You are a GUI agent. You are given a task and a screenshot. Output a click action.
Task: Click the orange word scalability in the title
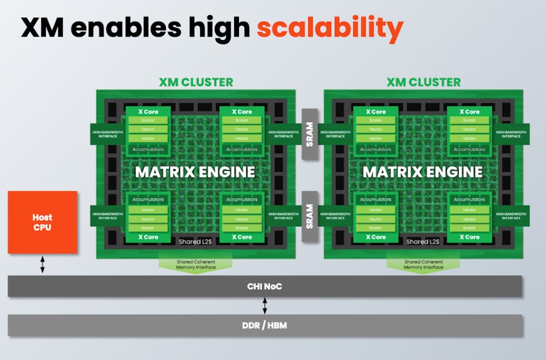[329, 28]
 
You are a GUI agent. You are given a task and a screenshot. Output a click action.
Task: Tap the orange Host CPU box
[42, 222]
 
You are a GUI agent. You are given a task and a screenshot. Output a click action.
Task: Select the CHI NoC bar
[265, 286]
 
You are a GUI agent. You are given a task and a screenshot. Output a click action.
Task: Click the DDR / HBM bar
[265, 325]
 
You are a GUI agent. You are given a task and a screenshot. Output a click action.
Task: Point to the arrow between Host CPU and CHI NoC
[42, 264]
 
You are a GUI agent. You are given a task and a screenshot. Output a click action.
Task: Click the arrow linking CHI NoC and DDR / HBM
[265, 305]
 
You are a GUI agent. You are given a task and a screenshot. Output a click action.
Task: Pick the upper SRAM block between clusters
[309, 135]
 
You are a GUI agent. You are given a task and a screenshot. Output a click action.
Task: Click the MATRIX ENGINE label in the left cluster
[195, 172]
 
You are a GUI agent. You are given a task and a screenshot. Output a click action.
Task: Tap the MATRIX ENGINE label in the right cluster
[422, 172]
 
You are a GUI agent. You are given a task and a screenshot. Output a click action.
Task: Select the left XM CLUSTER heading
[195, 82]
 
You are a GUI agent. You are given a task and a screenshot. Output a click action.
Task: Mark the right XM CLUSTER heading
[423, 82]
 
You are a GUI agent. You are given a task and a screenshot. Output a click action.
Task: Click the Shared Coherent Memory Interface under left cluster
[195, 264]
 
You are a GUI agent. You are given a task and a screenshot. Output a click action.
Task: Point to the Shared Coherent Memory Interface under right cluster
[423, 264]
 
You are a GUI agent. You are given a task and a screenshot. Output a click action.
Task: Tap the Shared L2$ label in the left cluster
[195, 242]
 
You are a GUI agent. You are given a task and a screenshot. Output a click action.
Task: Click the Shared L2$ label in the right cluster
[423, 242]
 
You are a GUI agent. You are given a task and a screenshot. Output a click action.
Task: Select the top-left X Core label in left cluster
[148, 112]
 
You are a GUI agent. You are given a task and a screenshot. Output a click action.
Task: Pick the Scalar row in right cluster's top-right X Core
[469, 120]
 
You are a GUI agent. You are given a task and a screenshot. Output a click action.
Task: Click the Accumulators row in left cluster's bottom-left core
[148, 200]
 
